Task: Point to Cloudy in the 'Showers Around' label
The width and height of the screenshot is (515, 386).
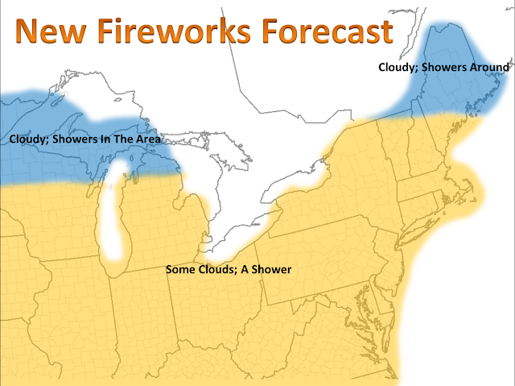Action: pos(397,68)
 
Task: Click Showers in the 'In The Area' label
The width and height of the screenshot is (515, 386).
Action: pos(76,139)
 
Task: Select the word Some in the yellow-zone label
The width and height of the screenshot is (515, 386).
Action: pos(179,269)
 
